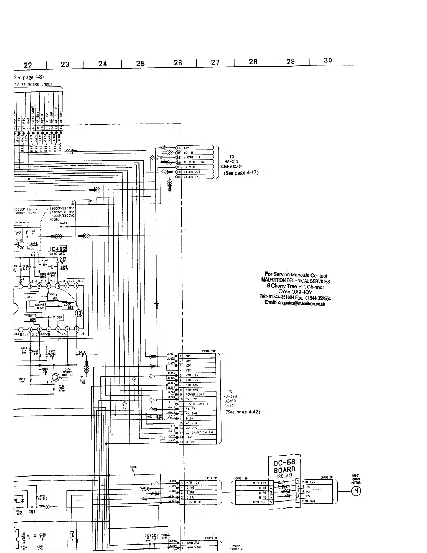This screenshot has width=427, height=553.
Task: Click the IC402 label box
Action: click(58, 249)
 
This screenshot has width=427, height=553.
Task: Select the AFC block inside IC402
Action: click(30, 297)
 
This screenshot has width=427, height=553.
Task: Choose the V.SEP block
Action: click(57, 317)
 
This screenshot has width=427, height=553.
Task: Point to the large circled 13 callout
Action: click(79, 313)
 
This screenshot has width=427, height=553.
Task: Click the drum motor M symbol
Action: click(356, 491)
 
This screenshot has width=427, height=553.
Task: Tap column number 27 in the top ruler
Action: click(215, 62)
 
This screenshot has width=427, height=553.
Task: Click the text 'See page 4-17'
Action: click(241, 172)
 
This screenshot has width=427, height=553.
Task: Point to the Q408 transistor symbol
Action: click(20, 245)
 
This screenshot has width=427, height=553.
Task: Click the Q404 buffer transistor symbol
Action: click(56, 377)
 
